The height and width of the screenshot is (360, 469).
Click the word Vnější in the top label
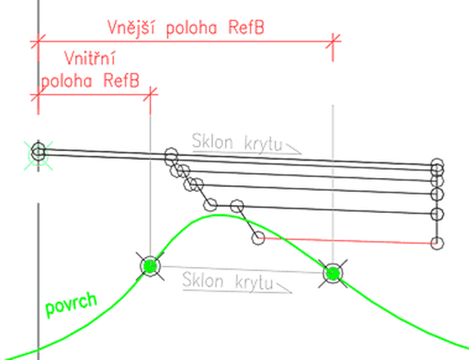[131, 28]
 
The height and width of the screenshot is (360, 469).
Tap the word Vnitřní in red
[90, 58]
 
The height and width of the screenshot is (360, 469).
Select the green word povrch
[71, 304]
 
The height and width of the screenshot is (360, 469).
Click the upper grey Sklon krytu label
[237, 142]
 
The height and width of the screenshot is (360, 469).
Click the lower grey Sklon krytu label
[228, 281]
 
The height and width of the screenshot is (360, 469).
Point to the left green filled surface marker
[150, 266]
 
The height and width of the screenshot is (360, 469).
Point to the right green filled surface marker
[333, 273]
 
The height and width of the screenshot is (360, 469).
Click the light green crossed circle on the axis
[38, 156]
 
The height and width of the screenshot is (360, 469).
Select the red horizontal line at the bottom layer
[347, 241]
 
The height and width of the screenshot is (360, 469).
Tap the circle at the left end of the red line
[258, 238]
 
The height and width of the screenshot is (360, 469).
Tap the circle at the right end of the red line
[436, 242]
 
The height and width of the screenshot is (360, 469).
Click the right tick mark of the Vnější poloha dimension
[333, 41]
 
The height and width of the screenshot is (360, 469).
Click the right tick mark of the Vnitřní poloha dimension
[150, 94]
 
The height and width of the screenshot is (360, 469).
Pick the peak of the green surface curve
[219, 215]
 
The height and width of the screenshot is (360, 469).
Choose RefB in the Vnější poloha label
[246, 28]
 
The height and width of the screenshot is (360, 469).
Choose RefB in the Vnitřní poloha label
[122, 80]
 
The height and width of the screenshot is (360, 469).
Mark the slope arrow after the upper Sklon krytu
[294, 149]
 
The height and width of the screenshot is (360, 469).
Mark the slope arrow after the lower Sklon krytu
[284, 287]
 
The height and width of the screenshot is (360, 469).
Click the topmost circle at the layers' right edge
[436, 165]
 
